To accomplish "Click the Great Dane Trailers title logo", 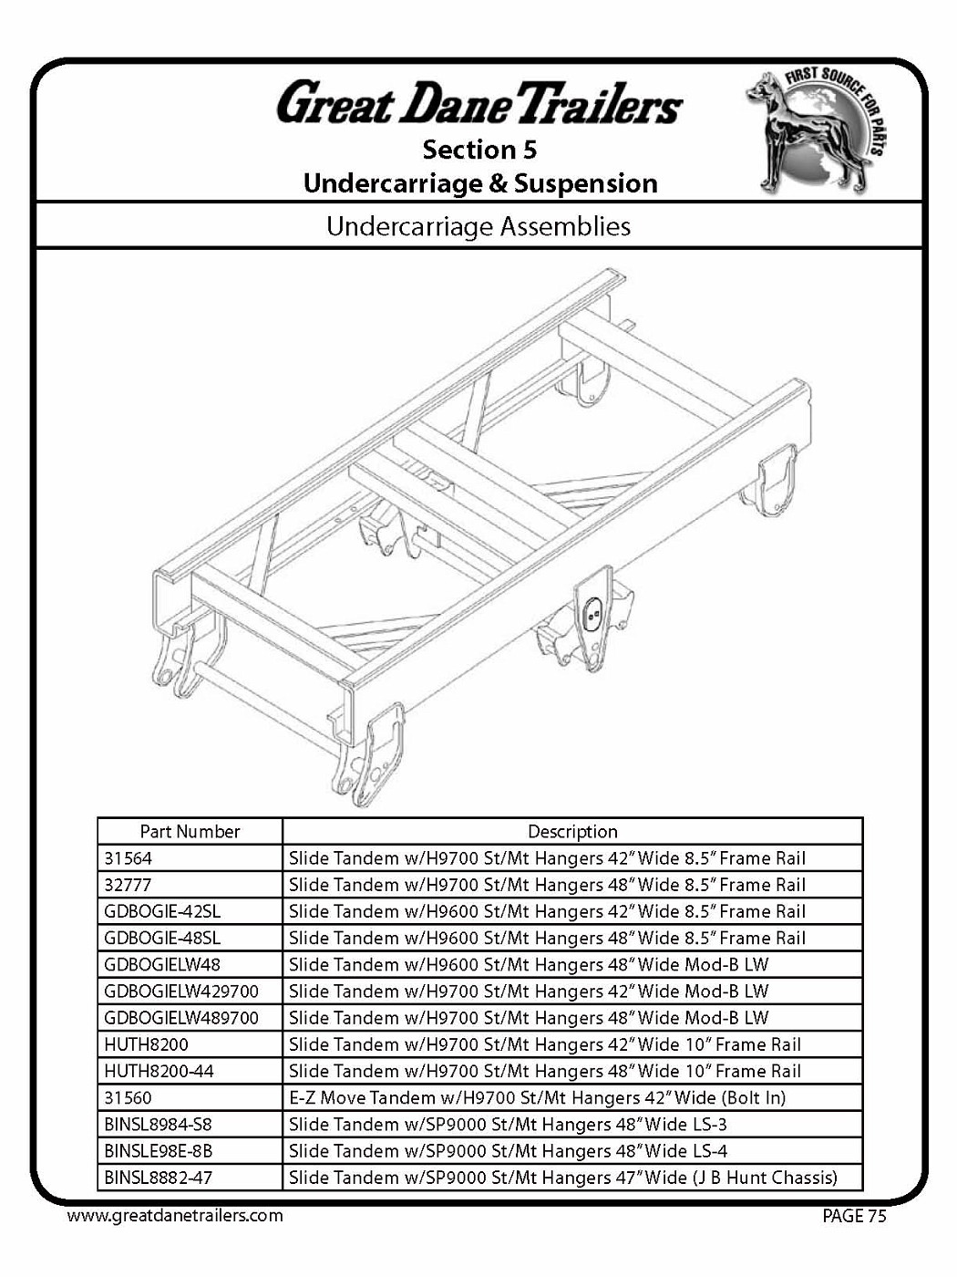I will tap(479, 102).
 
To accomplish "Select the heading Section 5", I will tap(479, 149).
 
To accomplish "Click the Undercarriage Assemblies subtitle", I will tap(478, 226).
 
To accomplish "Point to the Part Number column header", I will tap(190, 832).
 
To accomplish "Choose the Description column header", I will tap(572, 832).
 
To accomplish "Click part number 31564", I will tap(129, 858).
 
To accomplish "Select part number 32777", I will tap(129, 885).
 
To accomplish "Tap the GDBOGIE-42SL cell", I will tap(162, 911).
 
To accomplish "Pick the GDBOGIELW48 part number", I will tap(162, 964).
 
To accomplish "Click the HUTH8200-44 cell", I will tap(159, 1071).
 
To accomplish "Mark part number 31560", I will tap(129, 1097).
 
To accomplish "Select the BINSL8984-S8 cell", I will tap(158, 1124).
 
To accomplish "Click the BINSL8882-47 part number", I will tap(158, 1178).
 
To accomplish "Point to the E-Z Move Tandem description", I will tap(537, 1097).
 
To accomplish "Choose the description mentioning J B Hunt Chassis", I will tap(562, 1178).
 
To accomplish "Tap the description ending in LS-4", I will tap(508, 1151).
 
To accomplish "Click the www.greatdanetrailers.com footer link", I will tap(175, 1216).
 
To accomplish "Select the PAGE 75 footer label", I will tap(854, 1216).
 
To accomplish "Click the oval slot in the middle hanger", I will tap(593, 613).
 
